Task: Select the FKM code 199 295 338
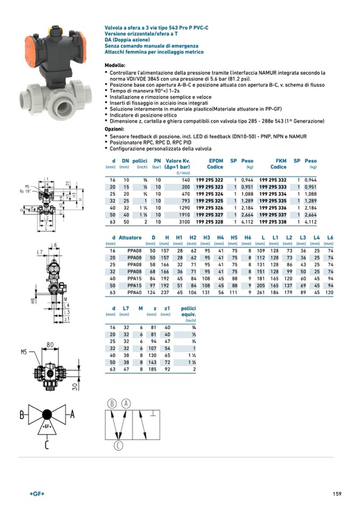point(273,222)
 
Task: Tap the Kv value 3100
point(183,222)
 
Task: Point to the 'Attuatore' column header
point(130,237)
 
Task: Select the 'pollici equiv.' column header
point(188,311)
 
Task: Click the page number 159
point(337,494)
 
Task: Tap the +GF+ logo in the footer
point(37,494)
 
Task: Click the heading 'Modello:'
point(115,65)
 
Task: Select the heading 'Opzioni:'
point(114,129)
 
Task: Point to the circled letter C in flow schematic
point(118,445)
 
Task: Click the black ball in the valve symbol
point(47,414)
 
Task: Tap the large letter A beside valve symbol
point(73,414)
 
